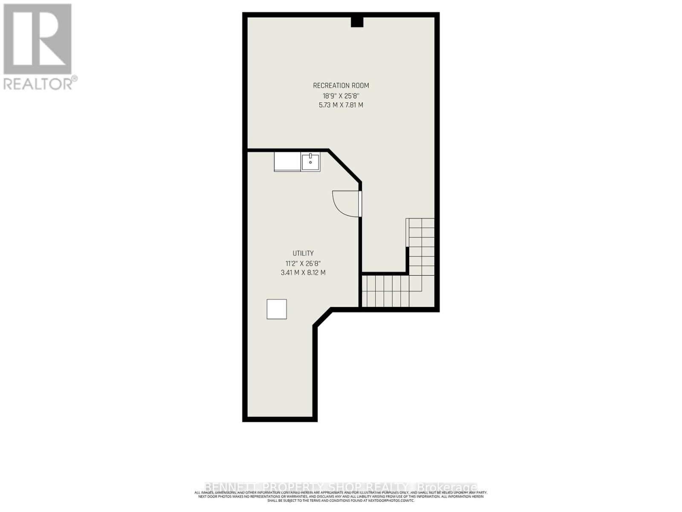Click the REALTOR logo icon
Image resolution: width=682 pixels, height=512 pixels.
pyautogui.click(x=38, y=39)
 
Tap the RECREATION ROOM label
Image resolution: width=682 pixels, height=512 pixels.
pyautogui.click(x=341, y=85)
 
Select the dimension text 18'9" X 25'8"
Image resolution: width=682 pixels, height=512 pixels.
pyautogui.click(x=341, y=96)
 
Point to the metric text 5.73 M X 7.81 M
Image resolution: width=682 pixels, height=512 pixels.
pyautogui.click(x=341, y=105)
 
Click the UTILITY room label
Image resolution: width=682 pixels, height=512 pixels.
pyautogui.click(x=303, y=253)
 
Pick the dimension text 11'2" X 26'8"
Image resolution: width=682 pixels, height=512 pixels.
pyautogui.click(x=303, y=263)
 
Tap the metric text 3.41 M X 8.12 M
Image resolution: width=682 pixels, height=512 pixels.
pyautogui.click(x=303, y=273)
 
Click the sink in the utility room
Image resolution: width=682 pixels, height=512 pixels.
pyautogui.click(x=311, y=162)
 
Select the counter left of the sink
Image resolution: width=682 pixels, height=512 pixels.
pyautogui.click(x=287, y=162)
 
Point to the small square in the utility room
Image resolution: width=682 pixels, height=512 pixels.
pyautogui.click(x=277, y=309)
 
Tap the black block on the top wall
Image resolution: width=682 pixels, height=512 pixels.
pyautogui.click(x=357, y=22)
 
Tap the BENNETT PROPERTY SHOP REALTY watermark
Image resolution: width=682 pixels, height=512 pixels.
pyautogui.click(x=307, y=487)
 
